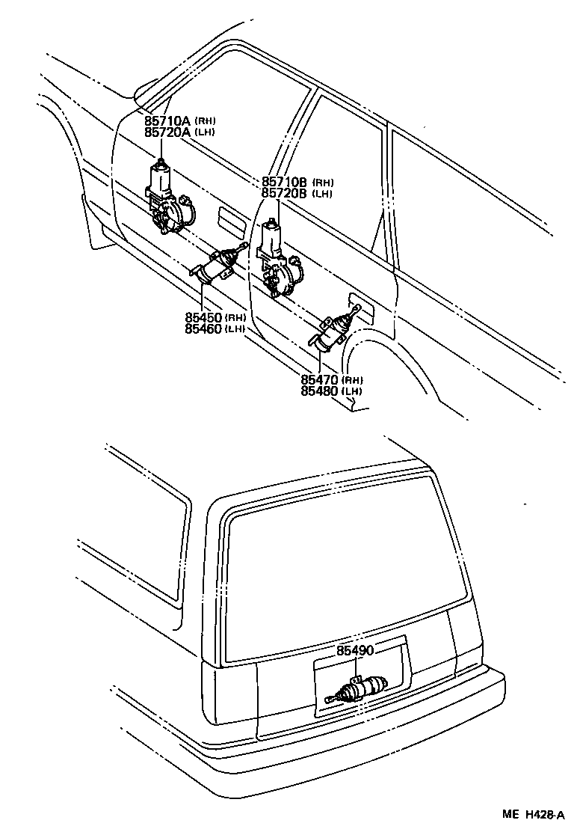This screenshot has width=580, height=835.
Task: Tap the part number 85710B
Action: (285, 182)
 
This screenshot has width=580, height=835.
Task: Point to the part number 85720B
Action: (285, 193)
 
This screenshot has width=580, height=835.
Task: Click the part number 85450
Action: (203, 317)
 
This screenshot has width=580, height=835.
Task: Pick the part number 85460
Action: (203, 328)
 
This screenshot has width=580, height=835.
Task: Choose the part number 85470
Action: (321, 379)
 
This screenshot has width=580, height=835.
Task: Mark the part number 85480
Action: (321, 391)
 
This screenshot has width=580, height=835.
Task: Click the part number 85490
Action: (354, 651)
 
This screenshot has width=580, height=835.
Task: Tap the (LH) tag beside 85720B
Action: (322, 194)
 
